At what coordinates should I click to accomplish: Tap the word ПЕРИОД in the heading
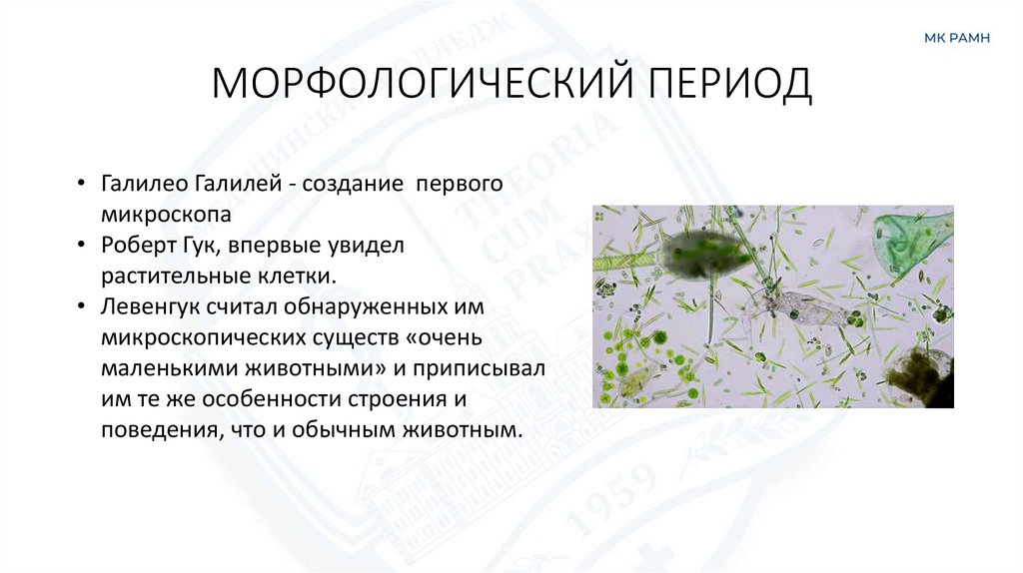[x=732, y=85]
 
